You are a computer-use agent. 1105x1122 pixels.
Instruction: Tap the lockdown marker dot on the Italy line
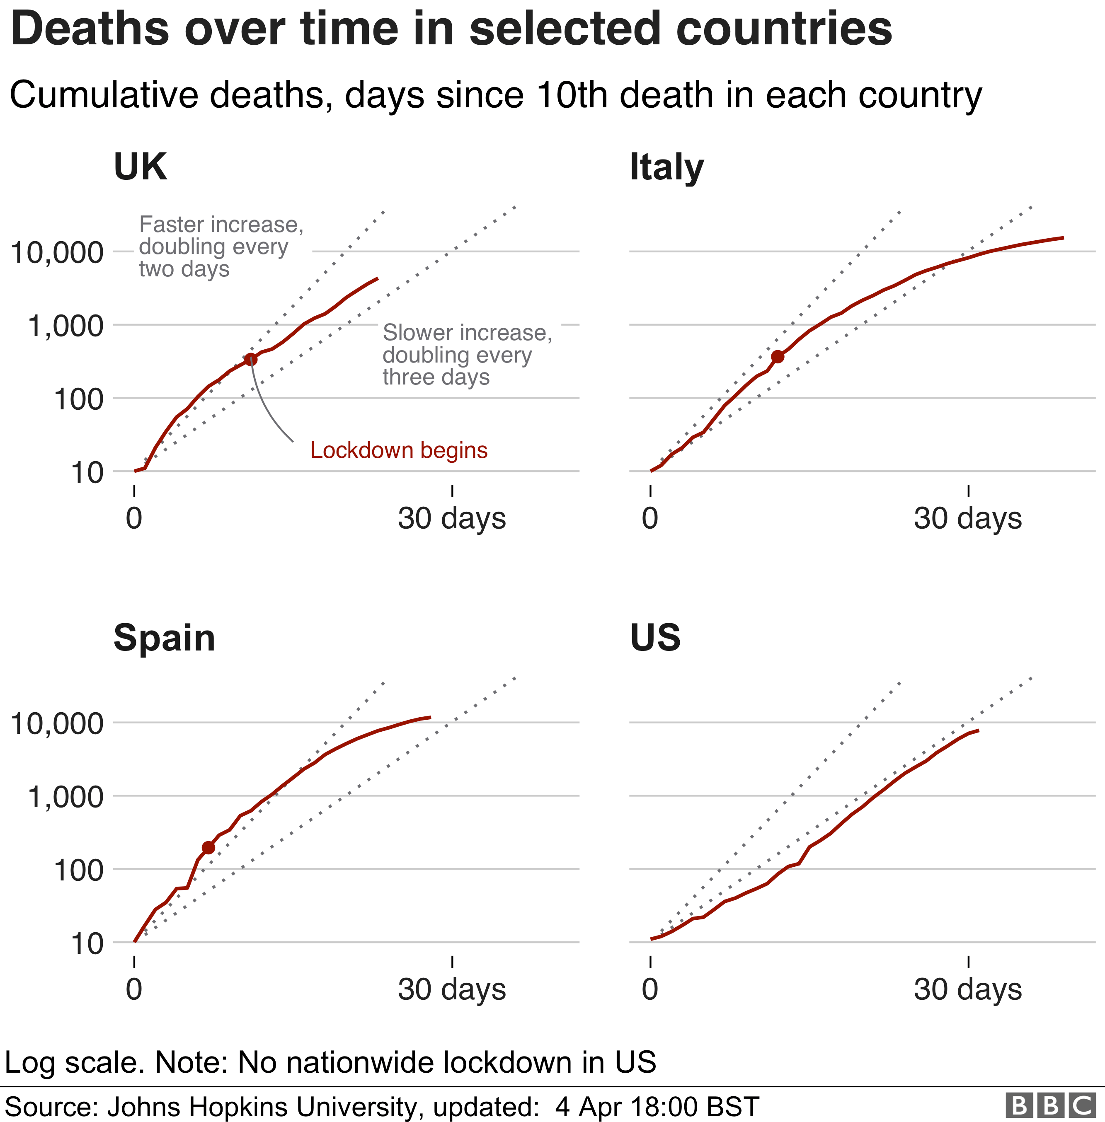click(778, 357)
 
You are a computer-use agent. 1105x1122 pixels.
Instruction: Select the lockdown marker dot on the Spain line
click(208, 848)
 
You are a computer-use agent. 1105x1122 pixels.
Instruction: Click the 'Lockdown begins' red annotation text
click(399, 450)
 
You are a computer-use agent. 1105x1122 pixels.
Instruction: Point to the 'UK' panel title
click(140, 167)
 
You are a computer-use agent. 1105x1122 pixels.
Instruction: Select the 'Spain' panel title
click(164, 638)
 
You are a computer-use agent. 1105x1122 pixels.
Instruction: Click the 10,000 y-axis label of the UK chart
click(57, 253)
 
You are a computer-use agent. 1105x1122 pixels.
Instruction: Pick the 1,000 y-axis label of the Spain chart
click(65, 797)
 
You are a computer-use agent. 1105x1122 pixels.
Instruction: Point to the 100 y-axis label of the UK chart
click(78, 400)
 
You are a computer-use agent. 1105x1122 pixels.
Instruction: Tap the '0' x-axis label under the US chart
click(650, 989)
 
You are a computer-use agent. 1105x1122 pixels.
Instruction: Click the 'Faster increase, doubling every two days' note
click(221, 247)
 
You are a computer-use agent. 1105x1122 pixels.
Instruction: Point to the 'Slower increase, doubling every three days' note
click(467, 355)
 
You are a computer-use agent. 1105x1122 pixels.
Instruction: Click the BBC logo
click(1050, 1106)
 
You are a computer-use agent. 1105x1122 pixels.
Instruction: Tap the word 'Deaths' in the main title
click(90, 29)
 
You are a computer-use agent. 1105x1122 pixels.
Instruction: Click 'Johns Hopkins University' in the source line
click(262, 1106)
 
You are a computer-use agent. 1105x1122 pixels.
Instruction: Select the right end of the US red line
click(979, 730)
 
